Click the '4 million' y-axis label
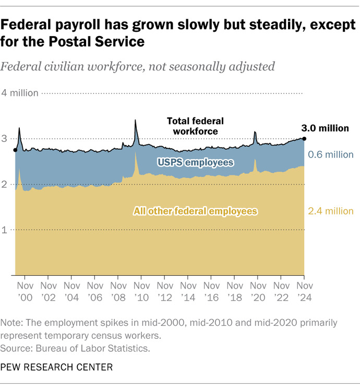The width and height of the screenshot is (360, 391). pyautogui.click(x=21, y=93)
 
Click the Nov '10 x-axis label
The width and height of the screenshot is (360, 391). pyautogui.click(x=142, y=291)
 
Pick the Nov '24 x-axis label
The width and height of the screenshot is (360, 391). pyautogui.click(x=305, y=291)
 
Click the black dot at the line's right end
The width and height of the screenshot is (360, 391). pyautogui.click(x=304, y=138)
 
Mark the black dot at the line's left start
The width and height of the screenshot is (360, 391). pyautogui.click(x=15, y=150)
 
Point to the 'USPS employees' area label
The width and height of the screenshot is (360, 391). pyautogui.click(x=195, y=163)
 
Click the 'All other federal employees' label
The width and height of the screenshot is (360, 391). pyautogui.click(x=196, y=211)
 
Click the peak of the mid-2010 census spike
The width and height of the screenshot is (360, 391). pyautogui.click(x=136, y=120)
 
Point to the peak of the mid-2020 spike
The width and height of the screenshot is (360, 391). pyautogui.click(x=255, y=132)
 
